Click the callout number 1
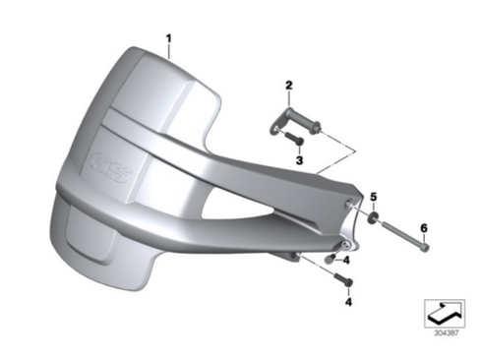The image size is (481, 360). pyautogui.click(x=168, y=38)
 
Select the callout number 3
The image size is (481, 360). pyautogui.click(x=299, y=160)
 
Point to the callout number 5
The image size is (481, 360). pyautogui.click(x=374, y=197)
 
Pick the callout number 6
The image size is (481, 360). pyautogui.click(x=424, y=227)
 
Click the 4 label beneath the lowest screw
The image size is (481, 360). pyautogui.click(x=348, y=302)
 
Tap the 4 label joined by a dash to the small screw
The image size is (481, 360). pyautogui.click(x=346, y=261)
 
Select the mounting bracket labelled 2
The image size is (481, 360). pyautogui.click(x=295, y=121)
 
